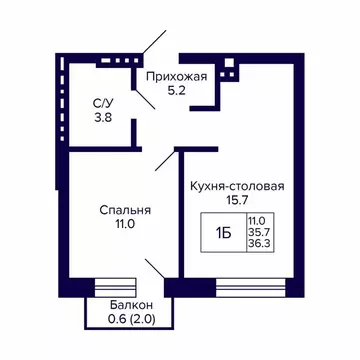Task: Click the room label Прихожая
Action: point(176,77)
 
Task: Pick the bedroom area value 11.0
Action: point(124,226)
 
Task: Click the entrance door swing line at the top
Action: point(156,46)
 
